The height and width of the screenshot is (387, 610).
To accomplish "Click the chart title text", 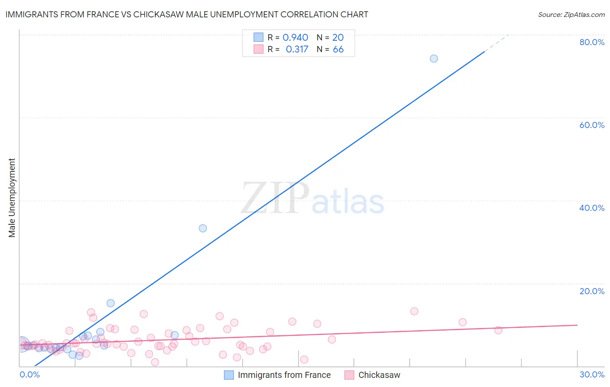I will tap(187, 14).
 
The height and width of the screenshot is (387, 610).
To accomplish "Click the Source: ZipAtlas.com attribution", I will tap(571, 14).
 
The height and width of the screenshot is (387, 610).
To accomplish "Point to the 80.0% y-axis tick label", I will tap(592, 42).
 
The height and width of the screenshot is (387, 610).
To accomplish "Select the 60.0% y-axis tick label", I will tap(592, 125).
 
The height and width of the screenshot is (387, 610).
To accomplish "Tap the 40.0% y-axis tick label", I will tap(592, 208).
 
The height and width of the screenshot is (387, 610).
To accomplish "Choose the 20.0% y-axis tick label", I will tap(592, 291).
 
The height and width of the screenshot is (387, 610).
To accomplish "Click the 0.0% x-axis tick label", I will tap(30, 374).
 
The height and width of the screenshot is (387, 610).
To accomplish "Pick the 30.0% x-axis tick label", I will tap(592, 374).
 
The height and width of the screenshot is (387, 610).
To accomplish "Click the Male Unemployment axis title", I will tap(12, 198).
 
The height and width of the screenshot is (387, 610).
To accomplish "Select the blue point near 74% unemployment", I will tap(433, 59).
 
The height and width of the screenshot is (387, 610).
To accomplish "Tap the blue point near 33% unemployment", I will tap(203, 228).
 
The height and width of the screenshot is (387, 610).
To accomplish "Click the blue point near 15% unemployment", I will tap(111, 303).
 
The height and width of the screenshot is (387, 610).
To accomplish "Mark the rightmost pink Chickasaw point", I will tap(498, 330).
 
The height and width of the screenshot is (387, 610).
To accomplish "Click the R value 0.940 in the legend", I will tap(295, 38).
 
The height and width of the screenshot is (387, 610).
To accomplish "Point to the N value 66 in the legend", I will tap(338, 49).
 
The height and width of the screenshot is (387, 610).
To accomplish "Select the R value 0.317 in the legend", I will tap(297, 49).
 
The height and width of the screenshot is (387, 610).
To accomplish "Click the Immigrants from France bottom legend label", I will tap(284, 375).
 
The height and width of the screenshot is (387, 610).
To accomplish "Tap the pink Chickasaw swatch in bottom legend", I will tap(349, 375).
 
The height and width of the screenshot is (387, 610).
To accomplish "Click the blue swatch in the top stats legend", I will tap(258, 37).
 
